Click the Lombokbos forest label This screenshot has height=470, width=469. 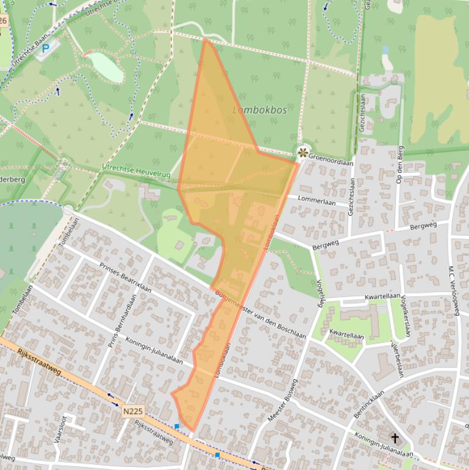click(260, 110)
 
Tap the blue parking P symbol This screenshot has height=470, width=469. click(45, 48)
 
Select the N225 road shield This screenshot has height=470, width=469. click(132, 411)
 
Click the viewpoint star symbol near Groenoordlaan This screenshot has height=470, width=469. click(303, 152)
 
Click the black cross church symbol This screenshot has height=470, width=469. click(395, 438)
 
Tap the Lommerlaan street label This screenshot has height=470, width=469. click(317, 201)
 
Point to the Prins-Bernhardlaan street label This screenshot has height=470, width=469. click(122, 322)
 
